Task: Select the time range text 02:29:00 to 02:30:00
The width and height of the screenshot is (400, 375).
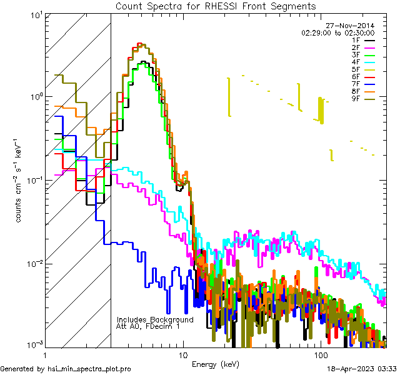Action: click(x=337, y=32)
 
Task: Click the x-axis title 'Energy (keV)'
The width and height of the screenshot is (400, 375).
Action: click(x=216, y=364)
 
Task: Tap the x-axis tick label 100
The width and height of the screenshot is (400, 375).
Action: click(x=321, y=355)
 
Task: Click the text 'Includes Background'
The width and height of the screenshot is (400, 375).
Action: click(x=155, y=319)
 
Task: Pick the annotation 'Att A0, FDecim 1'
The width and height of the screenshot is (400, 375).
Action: click(x=148, y=326)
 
